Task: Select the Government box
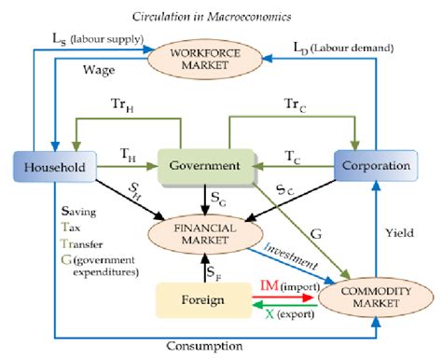203,166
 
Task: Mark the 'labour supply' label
103,39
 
